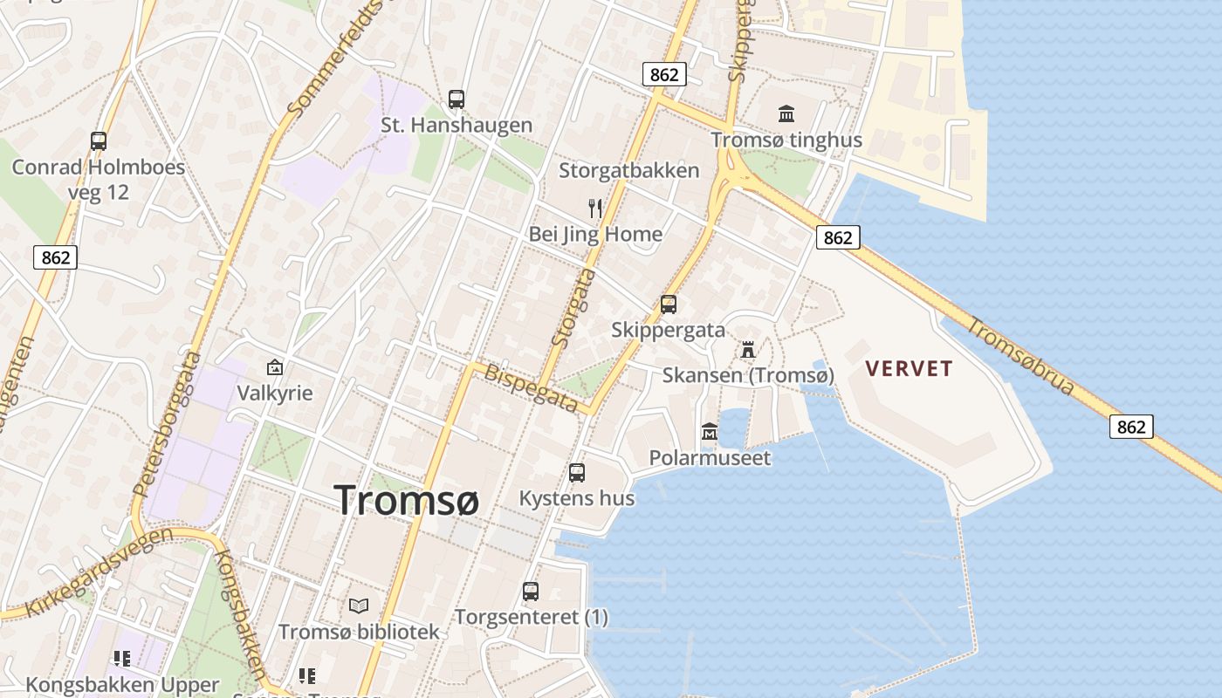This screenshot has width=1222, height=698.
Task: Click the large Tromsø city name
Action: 407,501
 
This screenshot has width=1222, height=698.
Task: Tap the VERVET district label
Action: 909,368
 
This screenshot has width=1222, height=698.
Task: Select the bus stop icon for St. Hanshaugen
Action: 456,99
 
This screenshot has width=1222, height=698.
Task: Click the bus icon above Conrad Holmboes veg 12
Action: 99,141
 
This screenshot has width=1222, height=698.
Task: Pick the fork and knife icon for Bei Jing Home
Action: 595,209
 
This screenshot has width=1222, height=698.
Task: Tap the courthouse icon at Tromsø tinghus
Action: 786,113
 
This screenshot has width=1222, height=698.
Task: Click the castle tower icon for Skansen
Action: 748,350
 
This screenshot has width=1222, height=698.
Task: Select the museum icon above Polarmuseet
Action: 710,432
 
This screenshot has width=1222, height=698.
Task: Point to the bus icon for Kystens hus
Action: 576,473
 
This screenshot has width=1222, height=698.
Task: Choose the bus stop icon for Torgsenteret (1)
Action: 531,592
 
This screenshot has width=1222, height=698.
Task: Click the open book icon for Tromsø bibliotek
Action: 359,606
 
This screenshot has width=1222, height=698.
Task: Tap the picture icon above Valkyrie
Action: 275,367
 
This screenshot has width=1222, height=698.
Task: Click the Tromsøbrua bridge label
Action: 1020,355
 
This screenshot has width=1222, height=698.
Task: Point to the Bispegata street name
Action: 531,387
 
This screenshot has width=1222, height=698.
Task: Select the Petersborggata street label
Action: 168,424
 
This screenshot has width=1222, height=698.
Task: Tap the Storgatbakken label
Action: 628,170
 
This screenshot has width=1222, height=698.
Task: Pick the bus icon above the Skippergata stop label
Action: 668,305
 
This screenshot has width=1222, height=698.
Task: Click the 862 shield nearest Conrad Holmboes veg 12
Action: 55,257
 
